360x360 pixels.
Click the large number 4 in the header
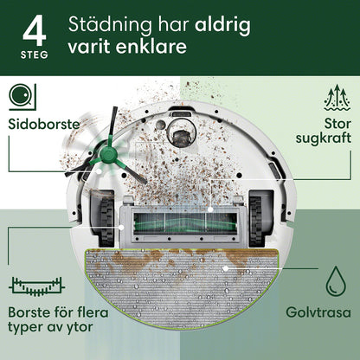(35, 30)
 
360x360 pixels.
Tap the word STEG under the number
(35, 55)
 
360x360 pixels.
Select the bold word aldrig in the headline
(222, 25)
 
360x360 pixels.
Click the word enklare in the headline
(151, 46)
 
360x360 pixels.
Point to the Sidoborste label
(44, 125)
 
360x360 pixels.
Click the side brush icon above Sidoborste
(22, 97)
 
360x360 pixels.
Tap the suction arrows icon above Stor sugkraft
(337, 98)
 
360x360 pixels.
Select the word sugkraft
(324, 138)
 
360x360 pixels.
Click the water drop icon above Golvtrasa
(336, 280)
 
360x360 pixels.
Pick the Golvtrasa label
(318, 312)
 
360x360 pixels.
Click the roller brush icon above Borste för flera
(37, 286)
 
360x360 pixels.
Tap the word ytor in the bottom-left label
(80, 328)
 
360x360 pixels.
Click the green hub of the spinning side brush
(106, 154)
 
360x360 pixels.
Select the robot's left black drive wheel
(106, 218)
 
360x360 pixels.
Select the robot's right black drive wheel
(255, 218)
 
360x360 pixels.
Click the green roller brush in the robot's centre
(184, 223)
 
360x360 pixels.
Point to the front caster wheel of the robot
(182, 136)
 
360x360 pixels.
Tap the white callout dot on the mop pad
(226, 268)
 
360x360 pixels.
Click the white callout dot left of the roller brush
(121, 228)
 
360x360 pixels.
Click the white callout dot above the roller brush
(210, 209)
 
